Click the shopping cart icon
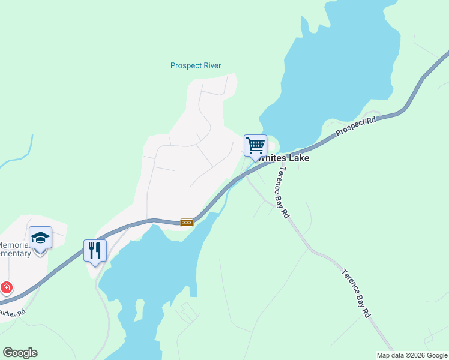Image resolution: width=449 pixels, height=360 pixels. pyautogui.click(x=255, y=145)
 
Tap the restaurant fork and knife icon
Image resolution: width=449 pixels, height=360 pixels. pyautogui.click(x=95, y=250)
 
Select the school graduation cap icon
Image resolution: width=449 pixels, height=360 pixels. pyautogui.click(x=40, y=238)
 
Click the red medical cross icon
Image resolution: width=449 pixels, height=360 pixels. pyautogui.click(x=7, y=287)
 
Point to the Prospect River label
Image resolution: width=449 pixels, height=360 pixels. pyautogui.click(x=196, y=65)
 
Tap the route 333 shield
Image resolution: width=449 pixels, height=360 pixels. pyautogui.click(x=187, y=223)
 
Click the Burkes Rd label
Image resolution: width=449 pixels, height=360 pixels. pyautogui.click(x=13, y=312)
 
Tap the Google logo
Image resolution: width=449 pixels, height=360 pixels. pyautogui.click(x=20, y=353)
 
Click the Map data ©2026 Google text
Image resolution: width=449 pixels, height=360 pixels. pyautogui.click(x=412, y=355)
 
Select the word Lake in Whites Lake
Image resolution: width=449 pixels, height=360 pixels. pyautogui.click(x=298, y=158)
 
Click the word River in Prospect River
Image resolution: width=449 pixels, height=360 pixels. pyautogui.click(x=211, y=65)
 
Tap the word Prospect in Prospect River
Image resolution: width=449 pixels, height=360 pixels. pyautogui.click(x=184, y=65)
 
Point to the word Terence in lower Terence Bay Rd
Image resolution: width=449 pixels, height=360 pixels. pyautogui.click(x=349, y=281)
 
